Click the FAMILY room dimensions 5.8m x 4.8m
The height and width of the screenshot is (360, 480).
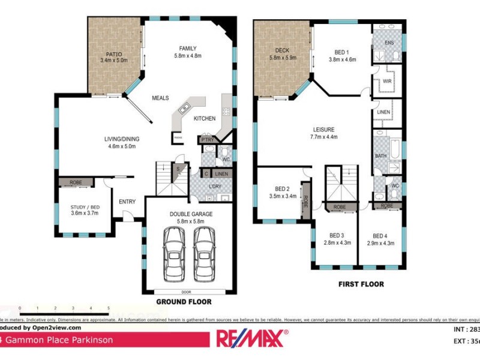click(x=188, y=56)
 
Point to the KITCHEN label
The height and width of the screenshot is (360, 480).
click(x=205, y=119)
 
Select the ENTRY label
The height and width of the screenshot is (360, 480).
click(x=127, y=202)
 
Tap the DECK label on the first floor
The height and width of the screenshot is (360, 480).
click(x=283, y=50)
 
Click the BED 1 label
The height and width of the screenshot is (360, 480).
click(x=343, y=52)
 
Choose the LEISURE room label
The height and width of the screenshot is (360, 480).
click(x=323, y=129)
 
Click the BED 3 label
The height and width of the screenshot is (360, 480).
click(x=337, y=236)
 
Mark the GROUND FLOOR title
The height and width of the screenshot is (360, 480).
click(x=184, y=302)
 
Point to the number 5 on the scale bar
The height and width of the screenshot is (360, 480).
click(x=109, y=308)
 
